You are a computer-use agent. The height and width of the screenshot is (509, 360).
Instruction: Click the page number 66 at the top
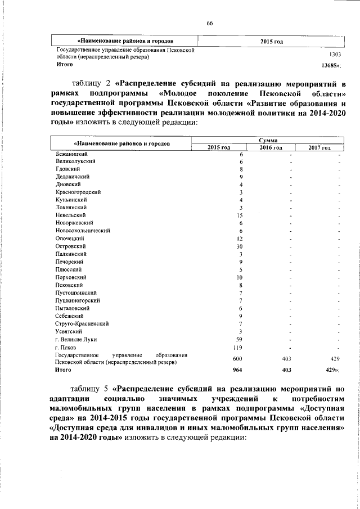coord(209,22)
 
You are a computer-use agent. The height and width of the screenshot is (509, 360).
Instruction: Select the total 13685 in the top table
coord(330,65)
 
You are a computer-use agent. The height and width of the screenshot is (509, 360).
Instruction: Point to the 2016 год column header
coord(271,147)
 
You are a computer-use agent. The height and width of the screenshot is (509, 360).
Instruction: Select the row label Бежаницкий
coord(71,154)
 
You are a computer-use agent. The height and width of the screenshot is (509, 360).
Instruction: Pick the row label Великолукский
coord(75,161)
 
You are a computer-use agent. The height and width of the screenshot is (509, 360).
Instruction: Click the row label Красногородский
coord(78,192)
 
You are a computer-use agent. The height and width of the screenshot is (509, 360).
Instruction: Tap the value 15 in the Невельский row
coord(239,215)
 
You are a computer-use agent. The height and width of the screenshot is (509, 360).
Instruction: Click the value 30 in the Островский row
coord(239,246)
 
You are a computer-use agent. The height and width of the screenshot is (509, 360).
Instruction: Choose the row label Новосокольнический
coord(83,231)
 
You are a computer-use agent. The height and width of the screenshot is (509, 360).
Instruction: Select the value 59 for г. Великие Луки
coord(238,339)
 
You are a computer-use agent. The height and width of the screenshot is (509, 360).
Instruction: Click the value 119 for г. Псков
coord(237,347)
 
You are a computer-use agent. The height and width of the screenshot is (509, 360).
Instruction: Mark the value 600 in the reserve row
coord(237,358)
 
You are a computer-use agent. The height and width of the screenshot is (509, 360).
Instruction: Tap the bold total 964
coord(237,370)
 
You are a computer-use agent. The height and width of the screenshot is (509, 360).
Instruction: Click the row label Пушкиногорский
coord(77,300)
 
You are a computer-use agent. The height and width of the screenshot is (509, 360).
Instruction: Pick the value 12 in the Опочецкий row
coord(239,238)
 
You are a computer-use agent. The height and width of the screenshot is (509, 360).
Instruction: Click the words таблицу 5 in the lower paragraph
coord(90,389)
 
